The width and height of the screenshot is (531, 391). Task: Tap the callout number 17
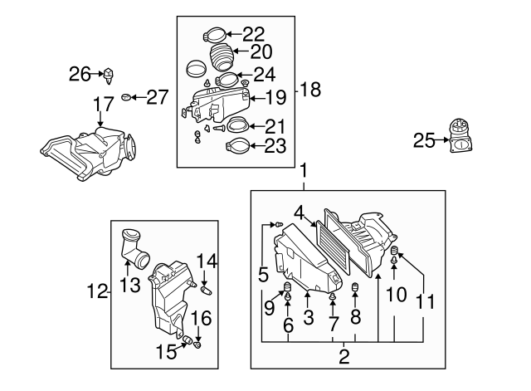point(102,105)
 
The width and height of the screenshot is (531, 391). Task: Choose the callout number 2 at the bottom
point(343,357)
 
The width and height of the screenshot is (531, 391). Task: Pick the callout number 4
point(298,213)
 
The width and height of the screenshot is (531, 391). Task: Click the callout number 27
point(157,97)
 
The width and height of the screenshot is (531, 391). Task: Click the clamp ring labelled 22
point(212,35)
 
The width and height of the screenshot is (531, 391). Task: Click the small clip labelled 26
point(110,75)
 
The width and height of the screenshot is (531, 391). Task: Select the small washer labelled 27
point(126,97)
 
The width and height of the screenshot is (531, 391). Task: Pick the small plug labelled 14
point(207,290)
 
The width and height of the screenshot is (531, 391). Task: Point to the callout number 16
point(202,319)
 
